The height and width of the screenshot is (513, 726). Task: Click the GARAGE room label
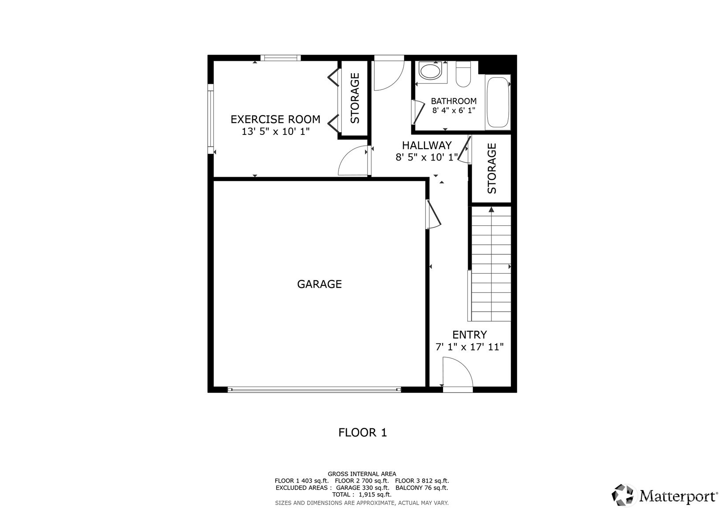pyautogui.click(x=319, y=284)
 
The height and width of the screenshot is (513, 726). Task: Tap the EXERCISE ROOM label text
pyautogui.click(x=276, y=119)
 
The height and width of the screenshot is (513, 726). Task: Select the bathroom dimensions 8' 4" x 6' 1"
pyautogui.click(x=454, y=111)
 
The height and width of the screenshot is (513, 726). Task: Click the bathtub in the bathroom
pyautogui.click(x=497, y=103)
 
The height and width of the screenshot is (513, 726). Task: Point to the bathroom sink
pyautogui.click(x=430, y=71)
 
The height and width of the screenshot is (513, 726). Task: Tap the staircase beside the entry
pyautogui.click(x=491, y=264)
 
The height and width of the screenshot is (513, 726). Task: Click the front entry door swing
pyautogui.click(x=458, y=373)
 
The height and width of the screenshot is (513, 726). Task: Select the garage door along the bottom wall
pyautogui.click(x=314, y=390)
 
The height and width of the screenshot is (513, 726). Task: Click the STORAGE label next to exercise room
pyautogui.click(x=355, y=98)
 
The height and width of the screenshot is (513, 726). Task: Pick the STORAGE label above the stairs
pyautogui.click(x=492, y=168)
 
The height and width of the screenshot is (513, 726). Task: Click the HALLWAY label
pyautogui.click(x=427, y=145)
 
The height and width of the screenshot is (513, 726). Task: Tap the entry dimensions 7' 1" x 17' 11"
pyautogui.click(x=469, y=347)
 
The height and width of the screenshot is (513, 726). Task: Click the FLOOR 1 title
pyautogui.click(x=362, y=433)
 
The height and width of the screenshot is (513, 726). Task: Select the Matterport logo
pyautogui.click(x=664, y=495)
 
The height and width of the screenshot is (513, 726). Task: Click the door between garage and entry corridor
pyautogui.click(x=433, y=215)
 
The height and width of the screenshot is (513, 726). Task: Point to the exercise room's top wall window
pyautogui.click(x=280, y=58)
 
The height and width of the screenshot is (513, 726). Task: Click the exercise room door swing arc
pyautogui.click(x=353, y=161)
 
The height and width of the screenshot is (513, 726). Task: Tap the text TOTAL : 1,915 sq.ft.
pyautogui.click(x=361, y=494)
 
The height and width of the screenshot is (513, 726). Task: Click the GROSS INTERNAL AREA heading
pyautogui.click(x=361, y=474)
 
